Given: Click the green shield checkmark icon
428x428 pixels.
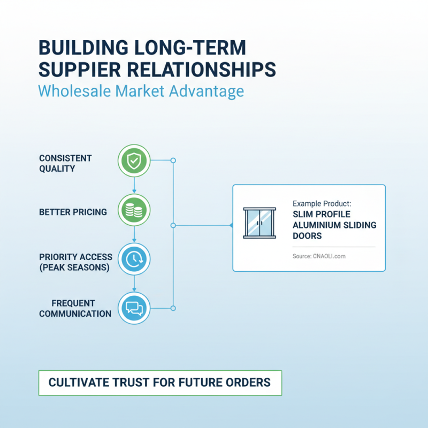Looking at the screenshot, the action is (x=134, y=161).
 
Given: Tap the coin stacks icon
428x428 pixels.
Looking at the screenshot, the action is (x=134, y=210).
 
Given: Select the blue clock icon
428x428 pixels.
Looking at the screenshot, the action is (x=134, y=259).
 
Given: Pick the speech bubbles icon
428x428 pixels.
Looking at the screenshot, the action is (x=134, y=308).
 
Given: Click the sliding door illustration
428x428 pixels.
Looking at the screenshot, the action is (x=259, y=223).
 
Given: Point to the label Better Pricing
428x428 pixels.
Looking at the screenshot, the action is (x=73, y=212).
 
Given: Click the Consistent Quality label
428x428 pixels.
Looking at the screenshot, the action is (x=65, y=163).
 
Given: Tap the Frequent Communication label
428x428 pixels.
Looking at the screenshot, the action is (x=75, y=309).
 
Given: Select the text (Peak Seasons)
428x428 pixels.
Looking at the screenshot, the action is (x=74, y=267).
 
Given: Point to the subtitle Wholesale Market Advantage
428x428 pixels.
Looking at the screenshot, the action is (x=141, y=91).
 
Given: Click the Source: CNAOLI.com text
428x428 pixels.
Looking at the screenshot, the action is (x=319, y=256).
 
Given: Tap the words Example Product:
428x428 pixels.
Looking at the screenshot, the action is (x=322, y=204).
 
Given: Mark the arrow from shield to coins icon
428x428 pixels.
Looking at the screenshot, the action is (x=134, y=185).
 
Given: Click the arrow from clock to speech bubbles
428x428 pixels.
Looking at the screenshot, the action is (x=134, y=284).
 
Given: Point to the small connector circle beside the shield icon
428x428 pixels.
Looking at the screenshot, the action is (x=173, y=160).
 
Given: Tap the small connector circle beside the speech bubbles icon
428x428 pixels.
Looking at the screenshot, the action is (x=173, y=308).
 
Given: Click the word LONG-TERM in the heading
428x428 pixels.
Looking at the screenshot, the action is (x=190, y=48).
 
